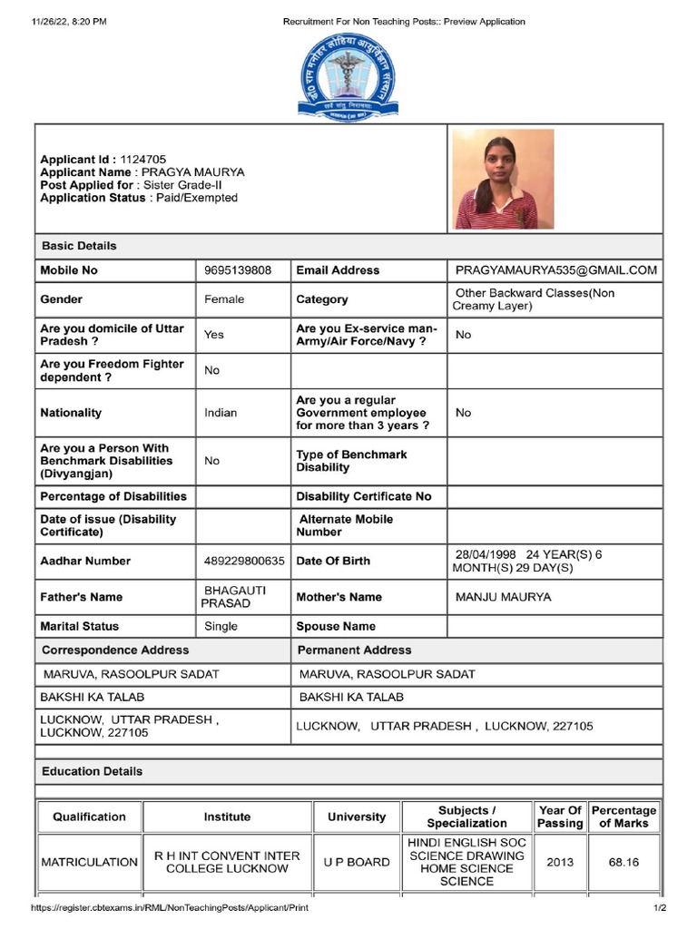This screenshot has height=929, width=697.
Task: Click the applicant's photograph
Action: click(x=505, y=179)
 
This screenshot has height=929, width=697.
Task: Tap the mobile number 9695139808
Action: click(x=238, y=270)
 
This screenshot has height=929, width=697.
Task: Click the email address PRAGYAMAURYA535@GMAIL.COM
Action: click(x=555, y=270)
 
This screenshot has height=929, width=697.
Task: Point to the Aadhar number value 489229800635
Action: click(x=244, y=561)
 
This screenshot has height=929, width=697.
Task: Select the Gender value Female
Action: click(x=224, y=299)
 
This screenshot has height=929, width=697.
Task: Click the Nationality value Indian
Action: click(x=221, y=413)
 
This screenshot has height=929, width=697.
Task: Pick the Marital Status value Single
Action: click(x=221, y=626)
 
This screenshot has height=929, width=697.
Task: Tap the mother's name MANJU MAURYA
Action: click(x=503, y=597)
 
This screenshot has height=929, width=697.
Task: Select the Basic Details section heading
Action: click(x=79, y=246)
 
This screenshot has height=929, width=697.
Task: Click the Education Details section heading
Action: click(x=92, y=771)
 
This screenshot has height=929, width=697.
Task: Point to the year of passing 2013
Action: click(x=560, y=862)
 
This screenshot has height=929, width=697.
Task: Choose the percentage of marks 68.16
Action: click(x=623, y=862)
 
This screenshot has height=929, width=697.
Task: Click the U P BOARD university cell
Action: click(x=357, y=862)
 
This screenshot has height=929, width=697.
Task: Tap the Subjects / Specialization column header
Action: click(x=466, y=817)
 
